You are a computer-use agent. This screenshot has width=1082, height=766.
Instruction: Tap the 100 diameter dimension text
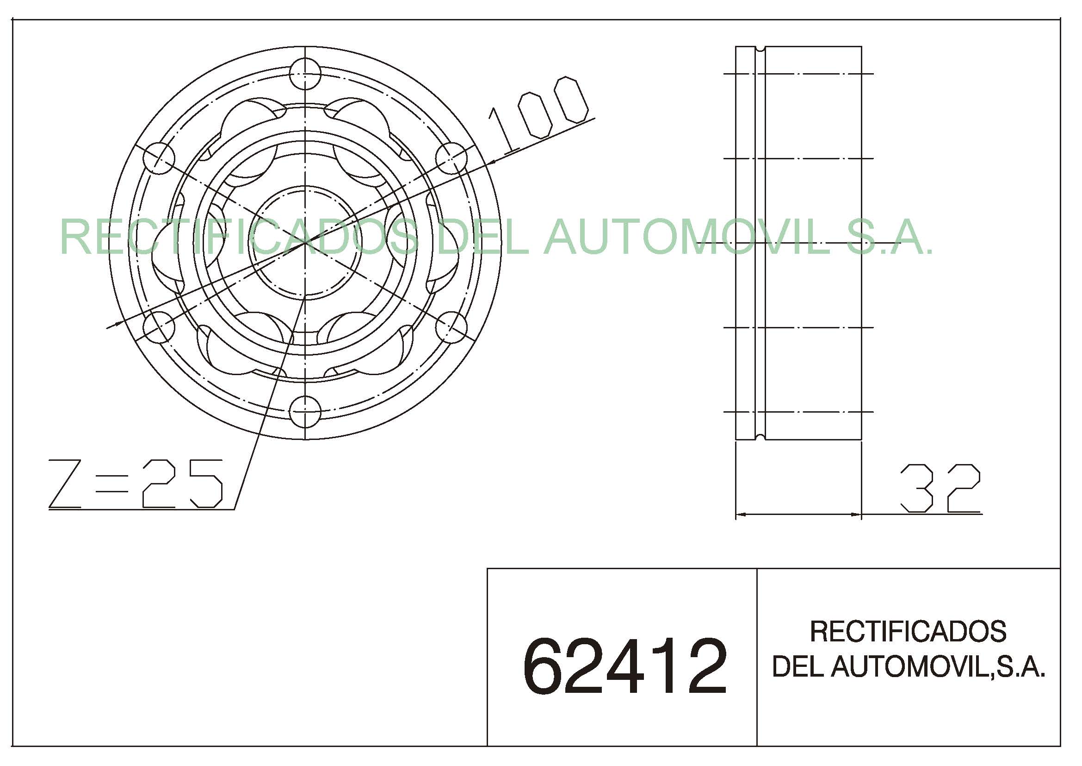pos(538,116)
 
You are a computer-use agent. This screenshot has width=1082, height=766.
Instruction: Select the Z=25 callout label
pos(136,483)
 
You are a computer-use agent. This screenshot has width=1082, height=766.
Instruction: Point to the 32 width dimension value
pos(940,489)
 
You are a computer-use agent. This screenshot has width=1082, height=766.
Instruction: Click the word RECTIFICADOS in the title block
pos(908,631)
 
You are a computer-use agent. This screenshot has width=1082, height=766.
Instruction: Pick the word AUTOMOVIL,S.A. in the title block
pos(938,667)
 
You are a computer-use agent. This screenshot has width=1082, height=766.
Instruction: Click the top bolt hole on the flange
pos(305,74)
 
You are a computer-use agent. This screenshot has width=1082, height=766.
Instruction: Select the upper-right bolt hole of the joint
pos(451,158)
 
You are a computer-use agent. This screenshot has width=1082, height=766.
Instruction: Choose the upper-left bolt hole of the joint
pos(159,158)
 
